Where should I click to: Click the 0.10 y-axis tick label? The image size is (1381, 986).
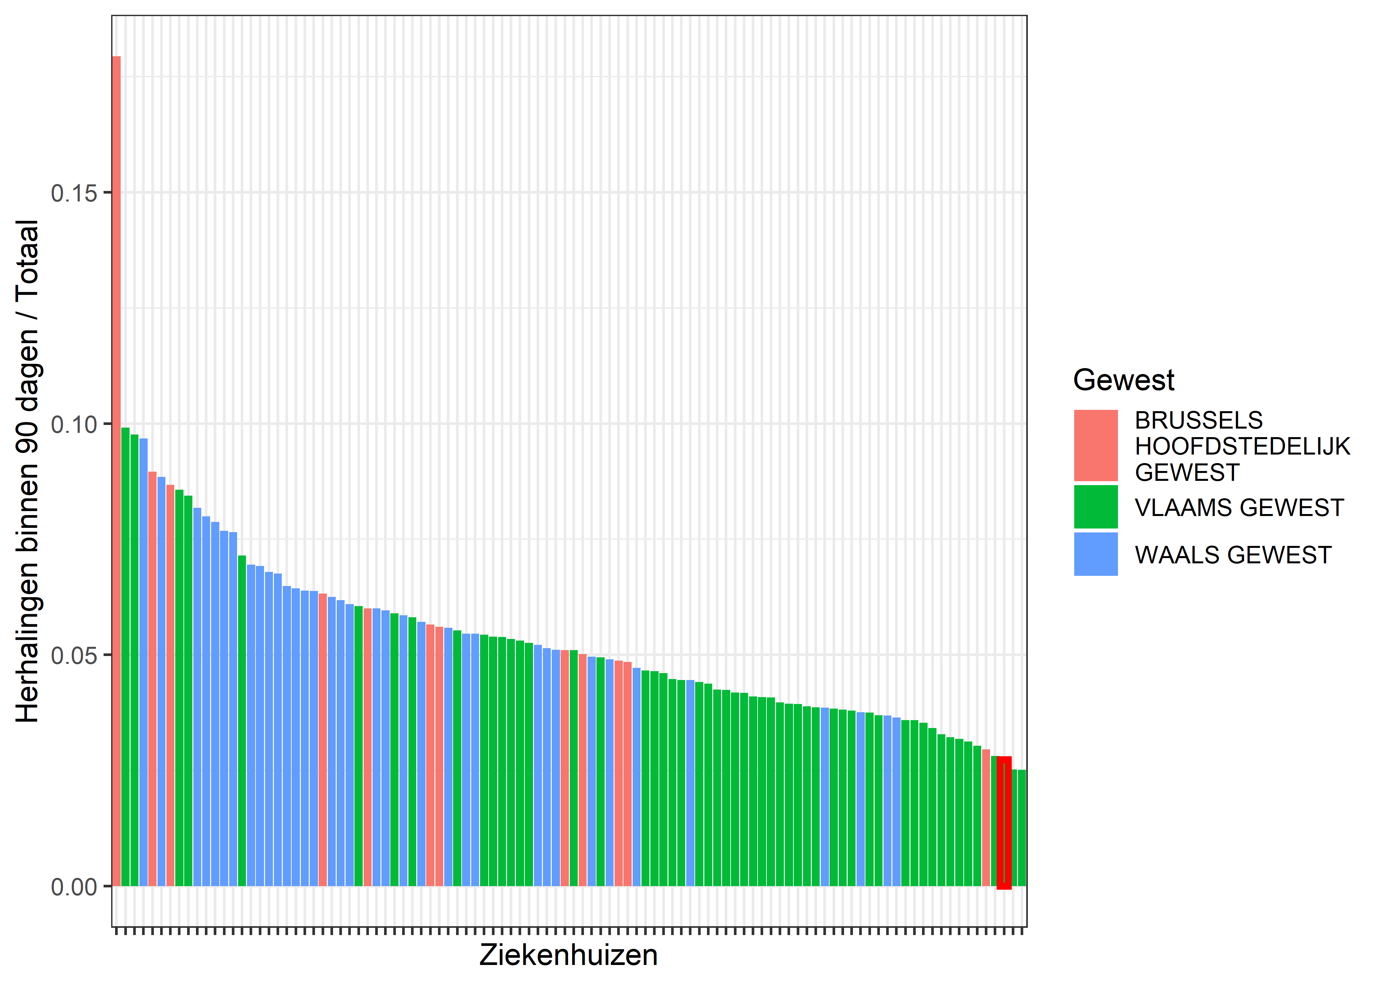74,424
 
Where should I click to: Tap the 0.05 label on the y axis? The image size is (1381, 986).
74,656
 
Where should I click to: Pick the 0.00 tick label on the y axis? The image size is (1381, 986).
74,887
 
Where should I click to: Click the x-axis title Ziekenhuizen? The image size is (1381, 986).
569,955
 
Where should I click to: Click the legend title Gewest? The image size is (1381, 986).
1124,380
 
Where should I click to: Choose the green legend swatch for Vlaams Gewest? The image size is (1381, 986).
1096,507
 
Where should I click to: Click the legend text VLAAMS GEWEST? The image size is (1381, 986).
1239,507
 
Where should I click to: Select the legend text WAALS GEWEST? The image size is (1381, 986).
1233,555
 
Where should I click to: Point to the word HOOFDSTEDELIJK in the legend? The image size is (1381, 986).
1242,446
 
